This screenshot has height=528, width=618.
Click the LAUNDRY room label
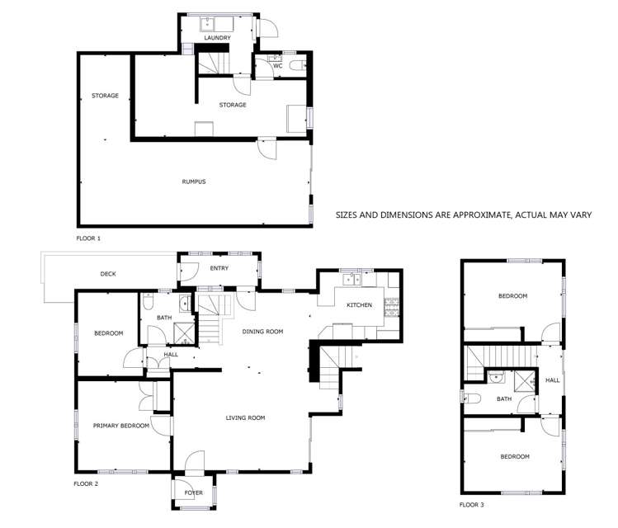coord(217,38)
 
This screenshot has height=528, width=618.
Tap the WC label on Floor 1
coord(267,65)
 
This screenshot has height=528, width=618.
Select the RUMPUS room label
coord(194,181)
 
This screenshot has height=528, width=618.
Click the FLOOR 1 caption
coord(88,238)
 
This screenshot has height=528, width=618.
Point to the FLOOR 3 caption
coord(472,503)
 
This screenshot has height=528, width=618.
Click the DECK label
coord(107,273)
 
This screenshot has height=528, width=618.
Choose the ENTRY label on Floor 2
coord(219,268)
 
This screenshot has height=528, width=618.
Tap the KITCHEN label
coord(359,305)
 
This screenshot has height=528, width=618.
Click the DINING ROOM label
coord(262,332)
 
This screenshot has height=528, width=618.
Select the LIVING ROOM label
coord(245,418)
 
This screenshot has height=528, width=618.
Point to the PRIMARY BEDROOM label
coord(120,426)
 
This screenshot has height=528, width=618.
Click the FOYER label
coord(194,493)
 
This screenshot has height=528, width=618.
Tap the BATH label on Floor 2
coord(164,318)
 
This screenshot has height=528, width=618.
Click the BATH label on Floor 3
coord(504,398)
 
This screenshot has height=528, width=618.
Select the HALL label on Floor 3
coord(552,380)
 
